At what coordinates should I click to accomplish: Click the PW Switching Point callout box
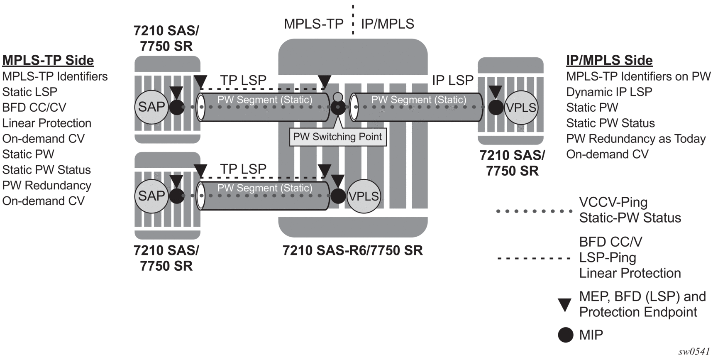tap(337, 137)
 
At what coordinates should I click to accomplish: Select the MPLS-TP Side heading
tap(48, 60)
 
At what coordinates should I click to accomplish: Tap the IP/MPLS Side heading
tap(609, 60)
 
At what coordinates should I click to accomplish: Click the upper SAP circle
tap(151, 107)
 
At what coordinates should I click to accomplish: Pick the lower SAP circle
tap(151, 196)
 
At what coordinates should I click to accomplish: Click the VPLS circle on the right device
tap(521, 108)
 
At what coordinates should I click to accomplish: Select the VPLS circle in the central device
tap(364, 196)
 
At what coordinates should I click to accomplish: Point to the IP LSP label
tap(453, 80)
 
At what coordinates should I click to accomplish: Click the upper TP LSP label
tap(243, 80)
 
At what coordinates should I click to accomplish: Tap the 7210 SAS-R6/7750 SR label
tap(353, 250)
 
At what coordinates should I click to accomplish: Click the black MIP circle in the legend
tap(565, 335)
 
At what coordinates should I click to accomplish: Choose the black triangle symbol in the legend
tap(565, 305)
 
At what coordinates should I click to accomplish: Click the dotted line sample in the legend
tap(535, 211)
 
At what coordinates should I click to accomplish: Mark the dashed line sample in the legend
tap(535, 258)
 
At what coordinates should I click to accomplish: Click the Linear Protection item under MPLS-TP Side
tap(46, 123)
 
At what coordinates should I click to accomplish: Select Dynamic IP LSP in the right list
tap(609, 92)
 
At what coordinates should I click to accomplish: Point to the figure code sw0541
tap(694, 352)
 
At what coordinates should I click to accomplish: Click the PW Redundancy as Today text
tap(636, 139)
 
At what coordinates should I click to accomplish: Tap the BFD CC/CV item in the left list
tap(34, 107)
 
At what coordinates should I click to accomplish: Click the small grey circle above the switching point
tap(338, 98)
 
